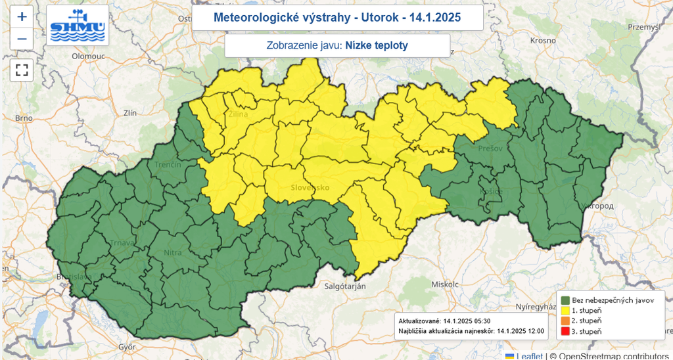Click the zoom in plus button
[x=22, y=16]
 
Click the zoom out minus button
[x=22, y=39]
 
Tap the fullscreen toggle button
[x=22, y=70]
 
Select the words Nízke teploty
[x=377, y=45]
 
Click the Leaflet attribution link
[x=529, y=355]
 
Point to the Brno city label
[x=24, y=118]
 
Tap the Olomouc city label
[x=89, y=56]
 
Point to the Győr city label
[x=127, y=346]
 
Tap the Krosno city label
[x=543, y=40]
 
